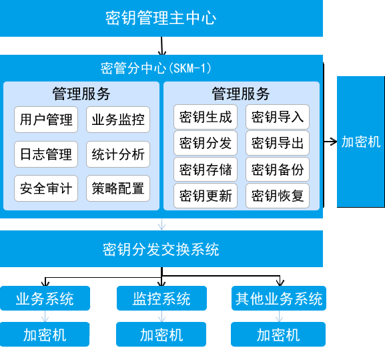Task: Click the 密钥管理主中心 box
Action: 161,18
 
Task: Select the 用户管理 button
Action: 46,120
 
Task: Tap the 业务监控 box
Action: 118,120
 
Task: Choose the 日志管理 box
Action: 46,154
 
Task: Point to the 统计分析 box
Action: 118,154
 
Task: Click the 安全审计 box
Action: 46,188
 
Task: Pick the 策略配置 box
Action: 118,188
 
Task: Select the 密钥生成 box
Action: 206,117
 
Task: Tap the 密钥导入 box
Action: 278,117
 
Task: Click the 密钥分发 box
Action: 206,143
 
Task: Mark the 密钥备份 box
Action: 278,170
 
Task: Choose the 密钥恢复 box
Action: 278,196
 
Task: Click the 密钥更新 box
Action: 206,196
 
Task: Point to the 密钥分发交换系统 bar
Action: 161,248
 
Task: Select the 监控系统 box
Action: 161,299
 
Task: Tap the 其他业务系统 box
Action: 279,299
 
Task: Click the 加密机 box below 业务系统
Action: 45,335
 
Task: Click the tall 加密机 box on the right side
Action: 361,142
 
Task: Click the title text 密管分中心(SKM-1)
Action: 156,68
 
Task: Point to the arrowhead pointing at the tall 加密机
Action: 334,142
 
